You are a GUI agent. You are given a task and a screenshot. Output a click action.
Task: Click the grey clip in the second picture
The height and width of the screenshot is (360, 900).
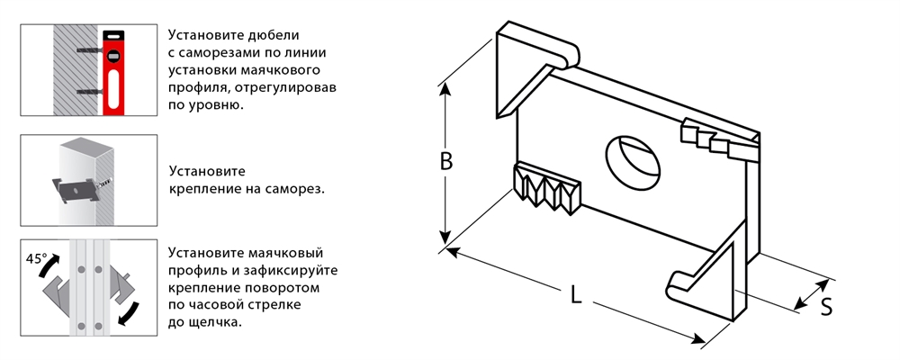coord(76,188)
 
